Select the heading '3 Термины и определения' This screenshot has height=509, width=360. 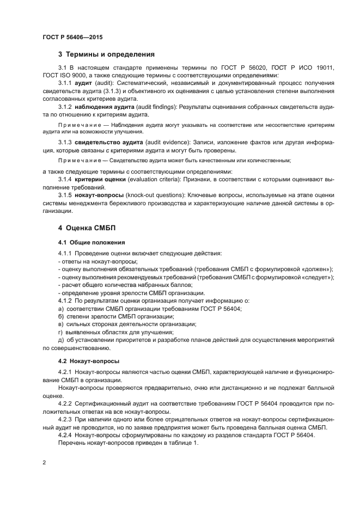click(x=106, y=54)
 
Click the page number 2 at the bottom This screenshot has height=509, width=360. click(x=44, y=463)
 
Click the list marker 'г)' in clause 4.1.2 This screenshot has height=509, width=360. click(x=61, y=332)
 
